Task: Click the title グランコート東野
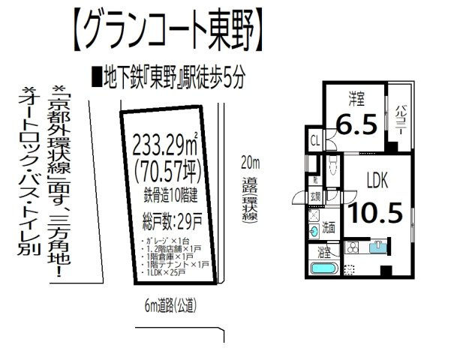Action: coord(170,31)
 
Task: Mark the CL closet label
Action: coord(315,139)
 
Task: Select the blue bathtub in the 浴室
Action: coord(324,268)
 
